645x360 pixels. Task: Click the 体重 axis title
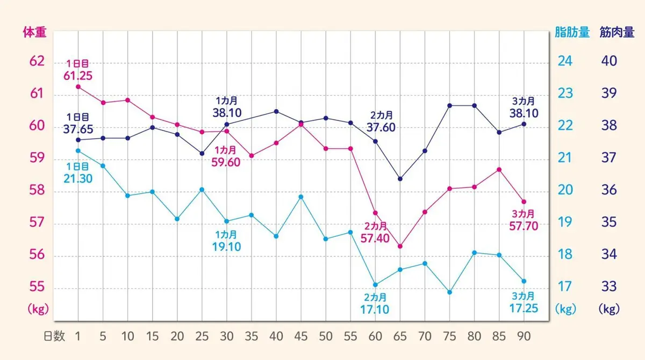(x=34, y=32)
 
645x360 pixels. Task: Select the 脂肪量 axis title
(x=572, y=32)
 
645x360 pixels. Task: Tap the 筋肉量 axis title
(x=617, y=32)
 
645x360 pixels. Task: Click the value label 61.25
(x=78, y=75)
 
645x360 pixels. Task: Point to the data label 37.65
(x=78, y=129)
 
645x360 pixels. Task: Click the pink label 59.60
(x=226, y=162)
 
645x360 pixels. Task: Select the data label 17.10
(x=375, y=310)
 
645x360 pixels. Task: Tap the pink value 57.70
(x=524, y=226)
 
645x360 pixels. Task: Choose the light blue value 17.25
(x=524, y=309)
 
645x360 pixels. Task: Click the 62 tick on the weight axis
(x=37, y=61)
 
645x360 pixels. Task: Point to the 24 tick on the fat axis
(x=565, y=61)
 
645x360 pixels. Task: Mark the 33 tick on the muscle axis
(x=609, y=286)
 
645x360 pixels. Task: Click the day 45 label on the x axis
(x=301, y=336)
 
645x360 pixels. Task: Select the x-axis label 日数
(x=54, y=336)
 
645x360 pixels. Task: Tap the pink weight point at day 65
(x=400, y=246)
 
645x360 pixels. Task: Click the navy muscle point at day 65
(x=400, y=179)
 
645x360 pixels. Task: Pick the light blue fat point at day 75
(x=449, y=292)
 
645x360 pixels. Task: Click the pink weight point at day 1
(x=78, y=87)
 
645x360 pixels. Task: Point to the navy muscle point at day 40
(x=276, y=111)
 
